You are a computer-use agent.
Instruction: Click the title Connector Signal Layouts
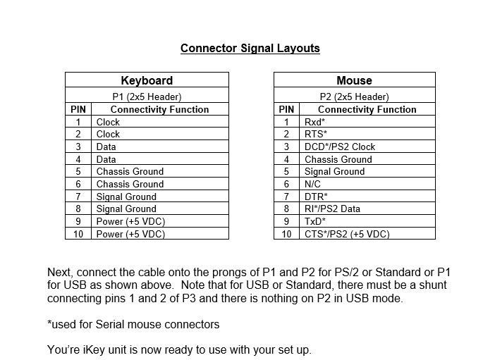point(250,49)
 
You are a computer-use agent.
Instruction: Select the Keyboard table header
point(147,80)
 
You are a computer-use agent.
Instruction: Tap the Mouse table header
point(354,80)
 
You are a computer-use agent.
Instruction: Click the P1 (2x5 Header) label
point(147,97)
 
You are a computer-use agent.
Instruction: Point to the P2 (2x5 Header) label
point(354,97)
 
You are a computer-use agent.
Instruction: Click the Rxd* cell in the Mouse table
point(314,122)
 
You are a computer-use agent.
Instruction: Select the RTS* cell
point(316,134)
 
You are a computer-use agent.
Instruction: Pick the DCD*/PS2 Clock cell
point(340,147)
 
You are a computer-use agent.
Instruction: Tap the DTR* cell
point(316,197)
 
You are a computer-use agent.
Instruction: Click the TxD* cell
point(315,221)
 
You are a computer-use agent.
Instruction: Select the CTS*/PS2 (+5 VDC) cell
point(347,234)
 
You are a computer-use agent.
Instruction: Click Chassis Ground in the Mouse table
point(338,159)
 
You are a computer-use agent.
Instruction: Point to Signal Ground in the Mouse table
point(334,171)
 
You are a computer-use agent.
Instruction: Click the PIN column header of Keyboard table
point(78,109)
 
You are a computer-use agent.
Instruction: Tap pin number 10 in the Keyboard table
point(78,234)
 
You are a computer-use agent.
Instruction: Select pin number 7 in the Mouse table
point(286,197)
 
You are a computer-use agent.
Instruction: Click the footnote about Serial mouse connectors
point(133,324)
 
